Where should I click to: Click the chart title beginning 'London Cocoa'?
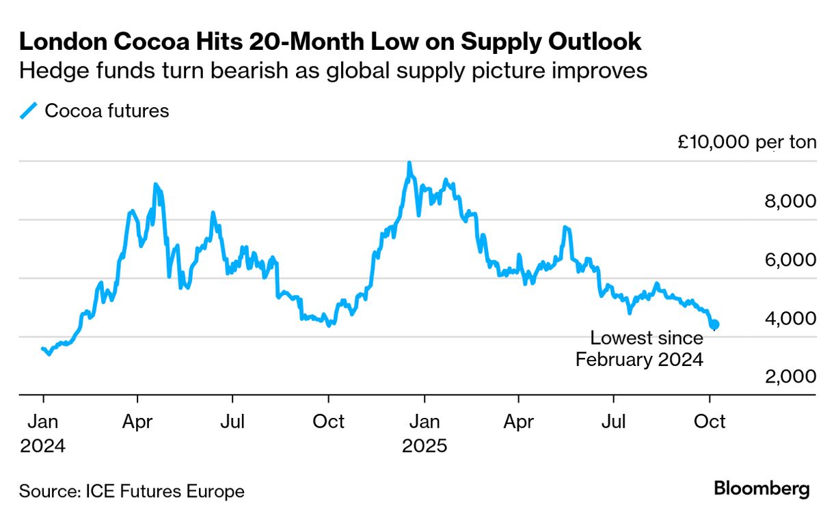330,42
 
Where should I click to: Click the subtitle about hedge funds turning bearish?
333,70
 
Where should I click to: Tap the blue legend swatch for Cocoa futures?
29,111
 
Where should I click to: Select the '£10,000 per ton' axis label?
746,143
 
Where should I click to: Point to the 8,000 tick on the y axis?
787,201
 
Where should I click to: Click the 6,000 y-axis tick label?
787,260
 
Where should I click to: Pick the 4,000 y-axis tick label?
787,318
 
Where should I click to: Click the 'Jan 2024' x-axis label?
42,433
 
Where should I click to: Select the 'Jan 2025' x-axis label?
424,433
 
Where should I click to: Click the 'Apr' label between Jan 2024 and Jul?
137,421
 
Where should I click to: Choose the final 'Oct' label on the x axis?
710,421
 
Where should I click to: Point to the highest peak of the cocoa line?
409,163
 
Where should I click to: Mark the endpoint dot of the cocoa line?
714,324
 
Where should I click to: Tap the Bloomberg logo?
761,489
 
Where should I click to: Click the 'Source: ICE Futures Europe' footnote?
131,491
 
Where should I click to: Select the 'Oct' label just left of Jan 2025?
329,421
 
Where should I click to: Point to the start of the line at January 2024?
42,349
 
